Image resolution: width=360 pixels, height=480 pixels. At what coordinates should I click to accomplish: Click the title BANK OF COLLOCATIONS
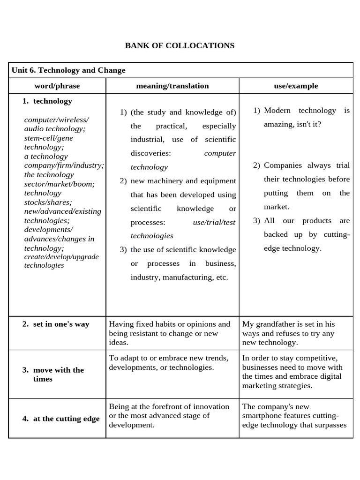point(180,45)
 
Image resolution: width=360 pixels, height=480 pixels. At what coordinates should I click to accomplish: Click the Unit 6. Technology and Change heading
point(68,70)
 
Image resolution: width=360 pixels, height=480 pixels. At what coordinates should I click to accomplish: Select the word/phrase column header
point(57,86)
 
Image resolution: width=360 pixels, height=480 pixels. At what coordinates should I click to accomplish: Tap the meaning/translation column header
point(172,86)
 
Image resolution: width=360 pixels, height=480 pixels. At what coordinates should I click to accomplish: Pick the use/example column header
point(296,86)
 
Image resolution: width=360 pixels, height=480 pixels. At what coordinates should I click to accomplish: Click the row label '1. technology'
point(47,101)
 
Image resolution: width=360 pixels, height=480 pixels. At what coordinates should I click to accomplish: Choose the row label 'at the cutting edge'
point(61,419)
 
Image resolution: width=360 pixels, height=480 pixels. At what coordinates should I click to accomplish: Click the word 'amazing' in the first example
point(279,124)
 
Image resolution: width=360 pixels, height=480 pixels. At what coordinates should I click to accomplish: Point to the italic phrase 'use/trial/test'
point(214,222)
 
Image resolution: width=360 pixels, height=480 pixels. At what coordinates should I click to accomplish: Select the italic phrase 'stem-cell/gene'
point(49,138)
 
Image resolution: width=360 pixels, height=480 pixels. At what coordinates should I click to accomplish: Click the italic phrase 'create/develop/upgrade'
point(61,256)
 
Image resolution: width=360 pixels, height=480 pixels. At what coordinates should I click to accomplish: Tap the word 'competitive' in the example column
point(330,358)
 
